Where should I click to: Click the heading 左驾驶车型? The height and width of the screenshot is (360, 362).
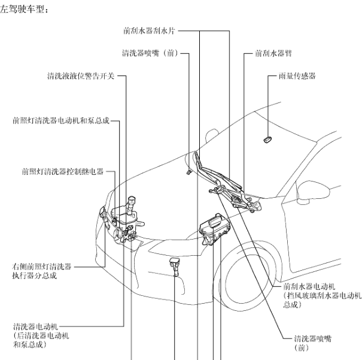coord(23,9)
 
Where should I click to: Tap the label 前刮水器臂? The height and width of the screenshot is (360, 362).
coord(272,53)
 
